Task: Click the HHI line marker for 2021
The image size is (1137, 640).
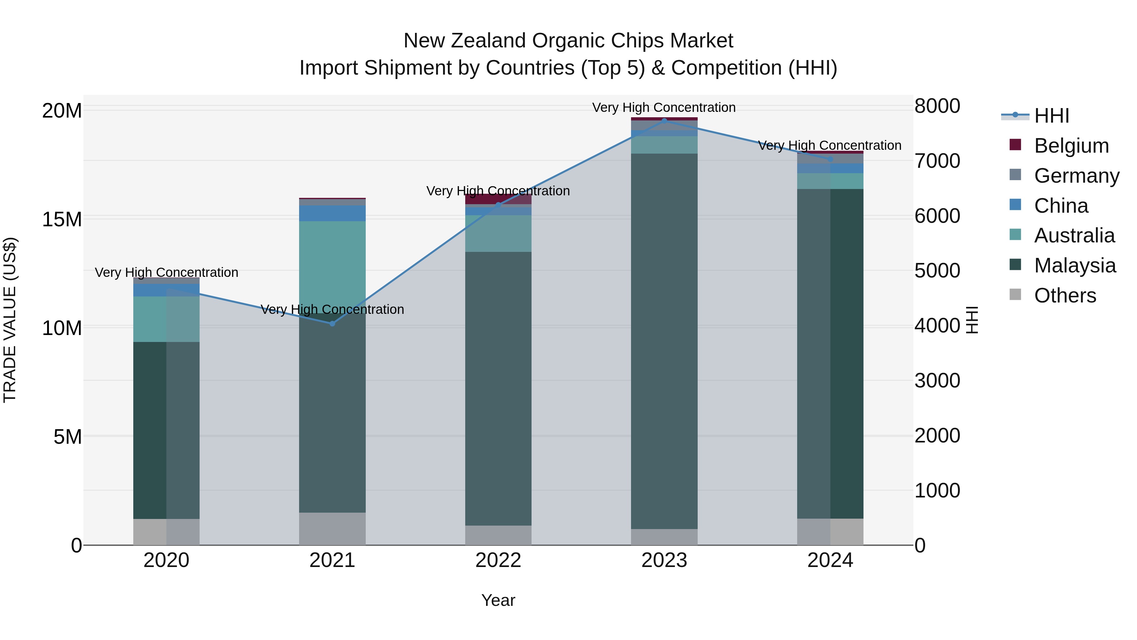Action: [x=332, y=324]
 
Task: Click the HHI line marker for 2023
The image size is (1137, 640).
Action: [x=664, y=121]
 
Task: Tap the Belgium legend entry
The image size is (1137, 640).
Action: [x=1071, y=146]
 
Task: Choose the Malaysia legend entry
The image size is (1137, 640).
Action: [x=1075, y=265]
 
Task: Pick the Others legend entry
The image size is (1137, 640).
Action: [x=1065, y=296]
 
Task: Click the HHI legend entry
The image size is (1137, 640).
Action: [x=1051, y=116]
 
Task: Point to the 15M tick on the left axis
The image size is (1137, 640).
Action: [x=62, y=219]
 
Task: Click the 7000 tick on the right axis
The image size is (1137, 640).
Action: [x=937, y=161]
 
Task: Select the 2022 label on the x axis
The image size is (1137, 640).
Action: [x=498, y=560]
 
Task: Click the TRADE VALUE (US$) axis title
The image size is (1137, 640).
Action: [x=10, y=320]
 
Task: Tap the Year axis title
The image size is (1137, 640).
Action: [x=498, y=600]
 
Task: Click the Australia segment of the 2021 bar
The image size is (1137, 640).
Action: [x=332, y=265]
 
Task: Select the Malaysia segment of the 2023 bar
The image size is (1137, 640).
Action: [x=664, y=340]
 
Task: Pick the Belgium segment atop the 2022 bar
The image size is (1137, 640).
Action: [x=498, y=199]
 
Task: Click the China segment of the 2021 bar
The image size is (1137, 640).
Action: [x=332, y=213]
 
